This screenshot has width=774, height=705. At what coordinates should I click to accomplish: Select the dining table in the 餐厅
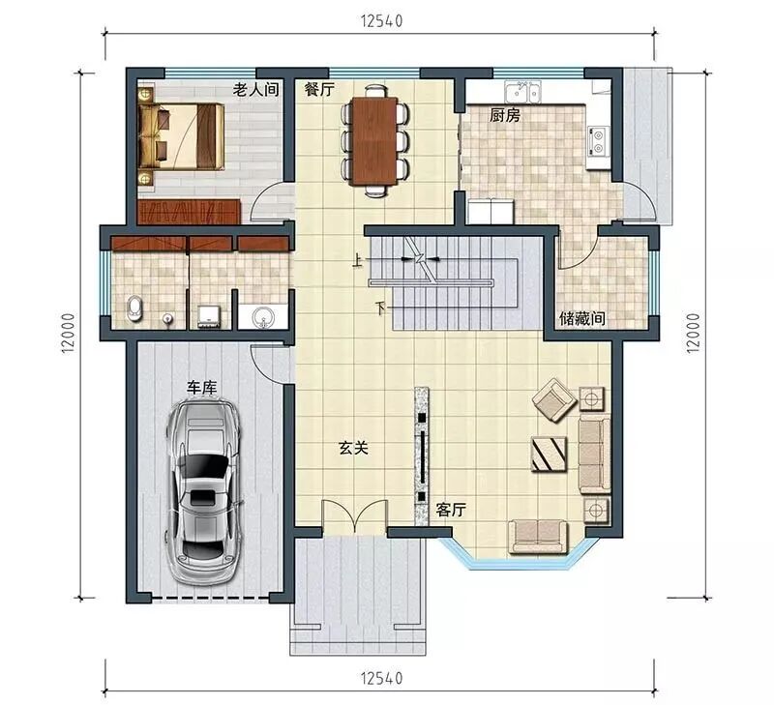(374, 141)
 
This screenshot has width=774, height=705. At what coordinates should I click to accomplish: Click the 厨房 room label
(504, 115)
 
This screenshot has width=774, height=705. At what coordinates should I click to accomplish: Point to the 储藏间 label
(582, 318)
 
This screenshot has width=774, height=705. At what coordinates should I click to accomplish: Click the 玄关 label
(353, 448)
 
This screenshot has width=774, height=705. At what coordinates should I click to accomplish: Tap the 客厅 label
(451, 510)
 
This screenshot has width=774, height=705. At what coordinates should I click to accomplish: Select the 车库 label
(201, 388)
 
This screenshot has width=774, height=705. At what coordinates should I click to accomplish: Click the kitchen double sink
(522, 92)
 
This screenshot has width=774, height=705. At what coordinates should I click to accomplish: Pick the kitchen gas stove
(598, 140)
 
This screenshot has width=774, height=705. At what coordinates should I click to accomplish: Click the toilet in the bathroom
(134, 308)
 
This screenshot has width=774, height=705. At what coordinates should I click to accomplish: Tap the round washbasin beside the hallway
(262, 317)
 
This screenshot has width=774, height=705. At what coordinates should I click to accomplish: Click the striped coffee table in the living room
(549, 454)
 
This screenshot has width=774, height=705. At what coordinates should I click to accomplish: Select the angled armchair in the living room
(554, 399)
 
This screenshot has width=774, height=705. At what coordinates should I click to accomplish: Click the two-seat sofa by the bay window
(538, 537)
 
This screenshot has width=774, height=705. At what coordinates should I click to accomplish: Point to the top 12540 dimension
(381, 21)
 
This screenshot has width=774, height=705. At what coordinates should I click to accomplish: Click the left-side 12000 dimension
(68, 333)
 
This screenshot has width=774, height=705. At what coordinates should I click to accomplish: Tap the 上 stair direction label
(356, 260)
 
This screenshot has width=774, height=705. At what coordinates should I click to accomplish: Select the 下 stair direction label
(380, 309)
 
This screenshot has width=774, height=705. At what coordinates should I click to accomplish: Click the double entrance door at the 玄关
(354, 516)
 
